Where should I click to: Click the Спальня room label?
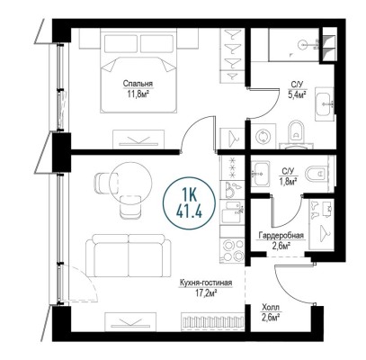click(138, 84)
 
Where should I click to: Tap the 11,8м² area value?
click(138, 94)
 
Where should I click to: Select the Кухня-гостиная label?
click(206, 283)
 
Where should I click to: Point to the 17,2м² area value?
click(206, 293)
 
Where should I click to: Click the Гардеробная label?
click(281, 236)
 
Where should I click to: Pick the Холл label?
click(270, 308)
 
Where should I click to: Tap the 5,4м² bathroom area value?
click(297, 95)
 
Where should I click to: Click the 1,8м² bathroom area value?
click(290, 181)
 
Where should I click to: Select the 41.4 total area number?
click(189, 211)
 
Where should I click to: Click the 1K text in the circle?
click(190, 196)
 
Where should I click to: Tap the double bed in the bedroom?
click(139, 70)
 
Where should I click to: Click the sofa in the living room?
click(129, 256)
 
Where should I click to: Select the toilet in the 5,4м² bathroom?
click(296, 134)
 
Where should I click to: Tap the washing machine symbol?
click(263, 137)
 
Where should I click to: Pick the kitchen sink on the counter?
click(232, 211)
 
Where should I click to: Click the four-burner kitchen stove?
click(232, 250)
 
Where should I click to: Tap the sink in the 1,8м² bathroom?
click(260, 174)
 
